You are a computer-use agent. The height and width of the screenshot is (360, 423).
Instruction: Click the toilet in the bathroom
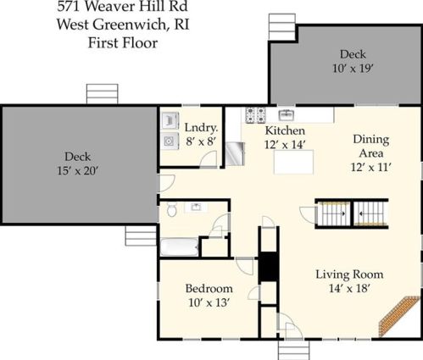171,209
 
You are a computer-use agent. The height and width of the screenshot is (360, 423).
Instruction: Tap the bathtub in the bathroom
179,247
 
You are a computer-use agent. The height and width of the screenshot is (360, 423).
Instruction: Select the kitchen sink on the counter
287,115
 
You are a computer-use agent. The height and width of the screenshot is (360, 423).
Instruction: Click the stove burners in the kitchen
256,115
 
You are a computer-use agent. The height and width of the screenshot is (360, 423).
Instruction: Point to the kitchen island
293,162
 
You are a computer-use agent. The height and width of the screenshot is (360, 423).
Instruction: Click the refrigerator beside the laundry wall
235,154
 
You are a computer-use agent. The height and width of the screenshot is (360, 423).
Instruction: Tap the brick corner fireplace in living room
399,316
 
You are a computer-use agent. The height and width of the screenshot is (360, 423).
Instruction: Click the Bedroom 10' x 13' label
209,296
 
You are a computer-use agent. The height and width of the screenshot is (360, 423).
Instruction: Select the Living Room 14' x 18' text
349,281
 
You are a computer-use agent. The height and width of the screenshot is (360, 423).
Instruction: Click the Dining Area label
371,147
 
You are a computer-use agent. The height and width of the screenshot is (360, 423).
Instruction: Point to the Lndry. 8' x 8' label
201,135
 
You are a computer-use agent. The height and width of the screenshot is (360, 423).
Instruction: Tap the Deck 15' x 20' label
78,163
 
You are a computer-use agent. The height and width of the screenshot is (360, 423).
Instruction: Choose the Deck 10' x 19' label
353,61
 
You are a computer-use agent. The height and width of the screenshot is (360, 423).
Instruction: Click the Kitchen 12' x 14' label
285,137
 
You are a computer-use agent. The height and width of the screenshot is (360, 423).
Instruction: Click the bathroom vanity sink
196,208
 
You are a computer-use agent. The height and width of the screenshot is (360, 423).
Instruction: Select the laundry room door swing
209,159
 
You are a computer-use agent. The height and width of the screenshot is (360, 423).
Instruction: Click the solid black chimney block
268,267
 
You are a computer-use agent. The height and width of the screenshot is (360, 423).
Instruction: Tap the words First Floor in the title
123,43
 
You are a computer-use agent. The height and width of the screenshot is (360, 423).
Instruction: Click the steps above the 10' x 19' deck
282,27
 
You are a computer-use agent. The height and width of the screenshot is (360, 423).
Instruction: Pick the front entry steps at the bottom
293,350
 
